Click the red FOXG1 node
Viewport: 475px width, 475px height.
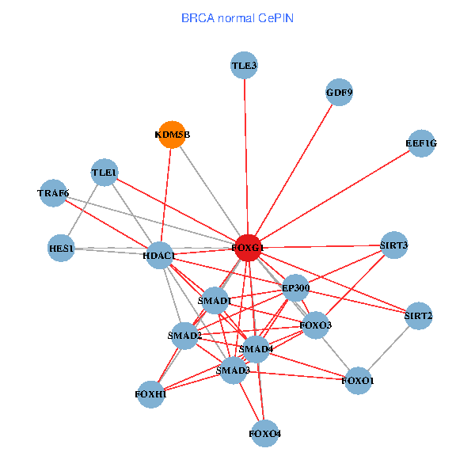tap(248, 248)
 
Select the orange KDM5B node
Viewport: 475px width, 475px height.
tap(172, 134)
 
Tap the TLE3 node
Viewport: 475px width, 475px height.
tap(245, 66)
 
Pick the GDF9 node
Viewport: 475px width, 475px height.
tap(338, 93)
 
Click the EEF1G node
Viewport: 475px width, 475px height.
tap(420, 143)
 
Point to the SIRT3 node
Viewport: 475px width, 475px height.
tap(393, 245)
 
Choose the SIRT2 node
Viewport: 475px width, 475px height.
tap(418, 316)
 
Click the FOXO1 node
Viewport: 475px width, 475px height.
tap(358, 381)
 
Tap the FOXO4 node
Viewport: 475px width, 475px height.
tap(264, 433)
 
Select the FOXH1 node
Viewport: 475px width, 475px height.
tap(150, 393)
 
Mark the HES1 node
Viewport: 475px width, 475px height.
tap(61, 249)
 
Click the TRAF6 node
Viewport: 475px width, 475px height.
tap(53, 193)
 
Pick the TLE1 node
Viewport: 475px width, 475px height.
tap(104, 173)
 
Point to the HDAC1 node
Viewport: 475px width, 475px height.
tap(160, 255)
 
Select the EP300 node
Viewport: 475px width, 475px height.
tap(295, 288)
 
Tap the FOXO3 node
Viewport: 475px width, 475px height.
tap(315, 325)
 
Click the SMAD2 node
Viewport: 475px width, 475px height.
tap(184, 336)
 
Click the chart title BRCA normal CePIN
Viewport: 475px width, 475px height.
tap(237, 17)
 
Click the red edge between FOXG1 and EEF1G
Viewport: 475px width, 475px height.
tap(332, 196)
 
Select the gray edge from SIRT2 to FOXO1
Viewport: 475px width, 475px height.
tap(389, 348)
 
